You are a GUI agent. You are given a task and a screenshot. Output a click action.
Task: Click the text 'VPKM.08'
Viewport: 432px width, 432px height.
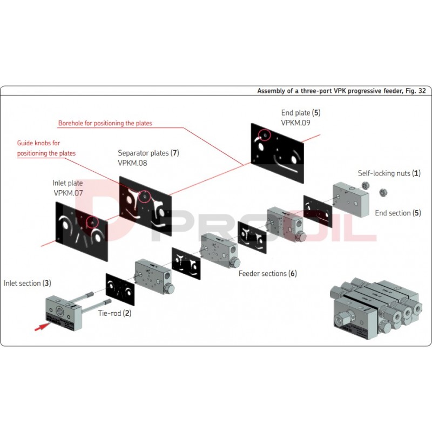[x=132, y=163]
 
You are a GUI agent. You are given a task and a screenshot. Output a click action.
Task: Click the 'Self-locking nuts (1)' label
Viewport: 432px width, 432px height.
[x=389, y=173]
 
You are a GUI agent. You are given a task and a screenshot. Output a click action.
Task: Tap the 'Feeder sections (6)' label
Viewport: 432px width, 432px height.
[x=268, y=273]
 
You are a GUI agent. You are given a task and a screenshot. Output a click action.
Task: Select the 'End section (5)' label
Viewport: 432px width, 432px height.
[x=398, y=213]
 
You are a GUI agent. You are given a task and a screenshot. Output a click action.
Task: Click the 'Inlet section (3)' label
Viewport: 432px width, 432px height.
[x=28, y=283]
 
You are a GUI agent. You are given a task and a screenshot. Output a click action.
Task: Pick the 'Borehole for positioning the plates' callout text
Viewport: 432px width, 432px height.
[x=105, y=123]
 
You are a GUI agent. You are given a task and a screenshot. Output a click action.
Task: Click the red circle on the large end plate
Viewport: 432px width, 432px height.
[x=265, y=135]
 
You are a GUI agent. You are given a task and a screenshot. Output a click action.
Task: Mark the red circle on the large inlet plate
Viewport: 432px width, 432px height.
[x=92, y=221]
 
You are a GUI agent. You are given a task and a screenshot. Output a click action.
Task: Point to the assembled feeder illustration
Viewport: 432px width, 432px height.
[x=377, y=308]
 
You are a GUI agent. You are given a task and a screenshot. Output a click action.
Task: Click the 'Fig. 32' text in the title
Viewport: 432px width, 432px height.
[x=415, y=91]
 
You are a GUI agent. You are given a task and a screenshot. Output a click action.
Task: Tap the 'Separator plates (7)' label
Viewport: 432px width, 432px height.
[x=148, y=153]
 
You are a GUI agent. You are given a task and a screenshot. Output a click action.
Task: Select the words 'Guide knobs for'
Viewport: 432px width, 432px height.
[x=39, y=143]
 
